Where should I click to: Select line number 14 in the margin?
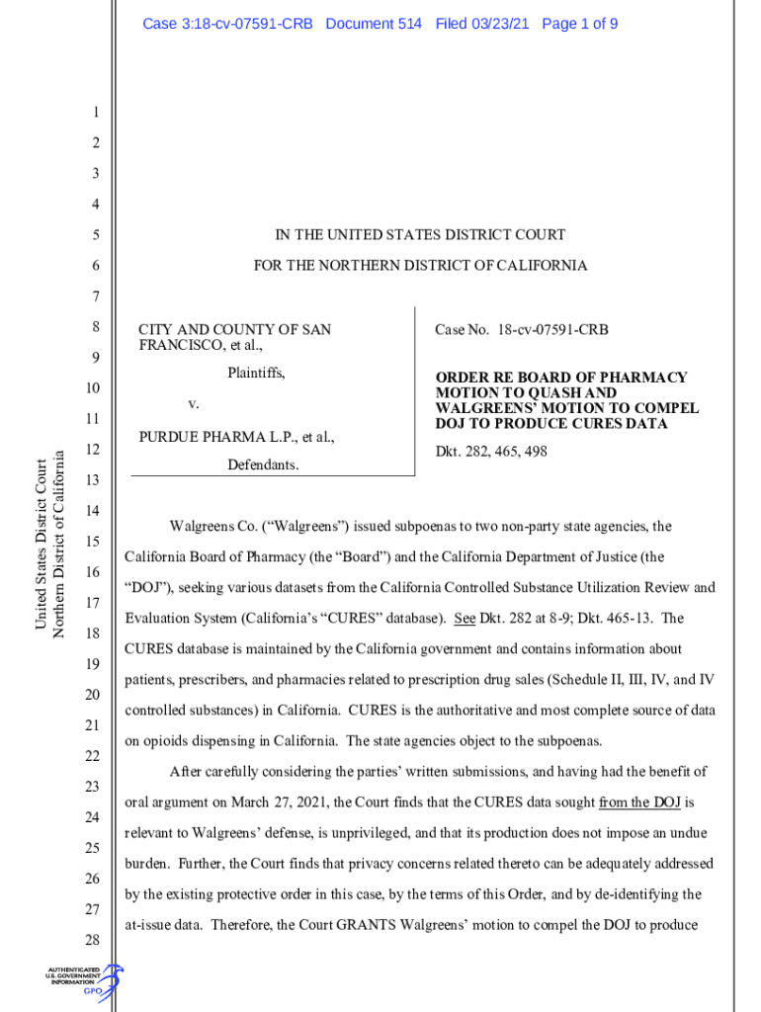coord(93,511)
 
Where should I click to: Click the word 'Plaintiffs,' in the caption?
coord(256,374)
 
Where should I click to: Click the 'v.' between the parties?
coord(194,404)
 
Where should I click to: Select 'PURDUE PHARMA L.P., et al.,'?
coord(236,436)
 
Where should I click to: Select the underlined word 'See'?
coord(465,619)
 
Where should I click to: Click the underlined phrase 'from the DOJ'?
coord(640,801)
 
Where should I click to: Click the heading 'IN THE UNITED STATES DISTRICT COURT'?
coord(420,235)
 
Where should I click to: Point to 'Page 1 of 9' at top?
coord(579,23)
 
